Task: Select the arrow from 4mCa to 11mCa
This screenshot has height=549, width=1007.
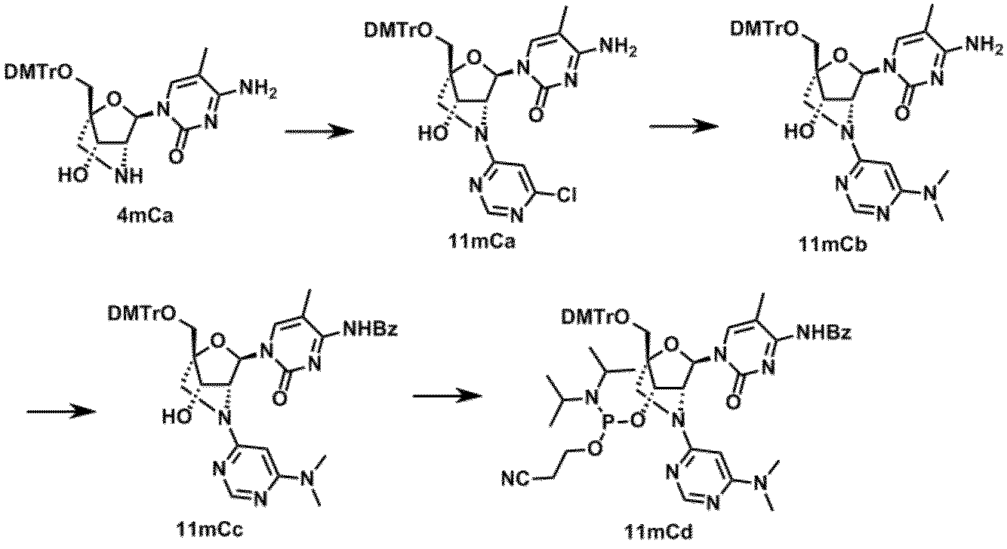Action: pyautogui.click(x=319, y=131)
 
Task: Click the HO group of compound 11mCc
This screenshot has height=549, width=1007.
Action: pyautogui.click(x=180, y=414)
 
